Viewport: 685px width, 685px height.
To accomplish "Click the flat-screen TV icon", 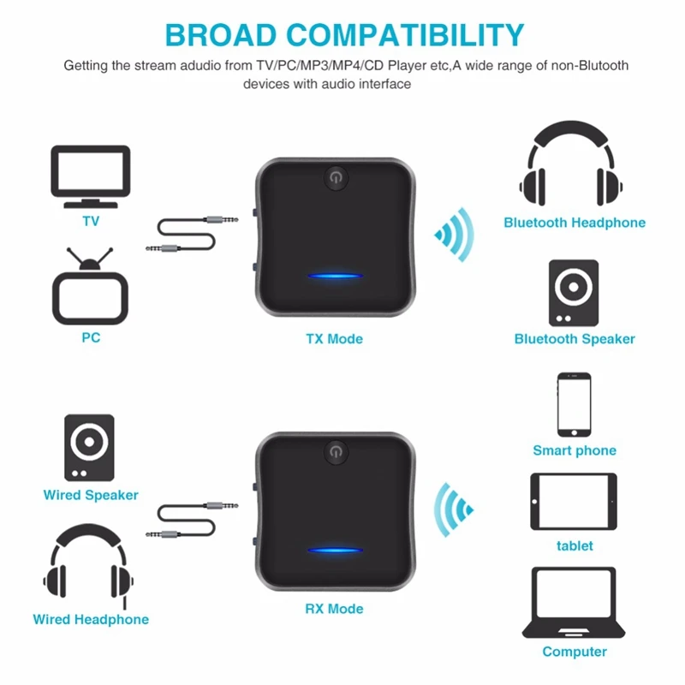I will coord(91,176).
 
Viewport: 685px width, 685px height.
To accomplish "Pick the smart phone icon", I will coord(575,404).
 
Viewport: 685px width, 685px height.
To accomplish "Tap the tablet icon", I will coord(574,502).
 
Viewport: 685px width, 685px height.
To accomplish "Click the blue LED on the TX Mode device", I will coord(334,277).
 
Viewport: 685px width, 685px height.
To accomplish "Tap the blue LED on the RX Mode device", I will coord(334,550).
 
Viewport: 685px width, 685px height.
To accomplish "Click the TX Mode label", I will coord(334,339).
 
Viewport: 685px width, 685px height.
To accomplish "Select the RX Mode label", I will coord(334,609).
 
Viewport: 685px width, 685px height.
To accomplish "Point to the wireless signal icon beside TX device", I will coord(455,235).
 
